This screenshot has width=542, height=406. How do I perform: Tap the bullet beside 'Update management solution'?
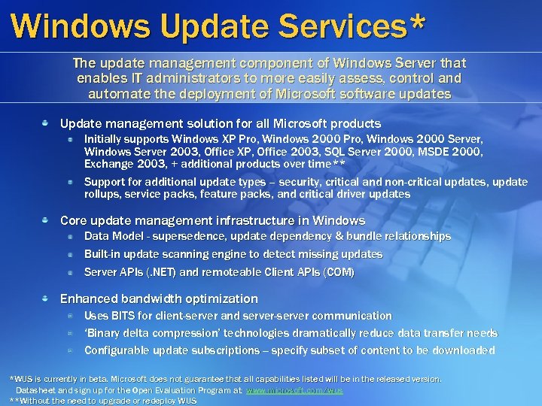pyautogui.click(x=46, y=123)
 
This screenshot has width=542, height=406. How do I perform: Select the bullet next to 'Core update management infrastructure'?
pyautogui.click(x=46, y=220)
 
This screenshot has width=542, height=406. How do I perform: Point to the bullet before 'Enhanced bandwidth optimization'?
pyautogui.click(x=46, y=298)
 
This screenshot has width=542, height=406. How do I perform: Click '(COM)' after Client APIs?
pyautogui.click(x=337, y=271)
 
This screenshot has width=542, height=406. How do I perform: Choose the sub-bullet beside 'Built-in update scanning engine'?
pyautogui.click(x=69, y=254)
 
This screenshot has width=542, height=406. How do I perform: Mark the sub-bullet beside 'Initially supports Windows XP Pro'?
pyautogui.click(x=69, y=140)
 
